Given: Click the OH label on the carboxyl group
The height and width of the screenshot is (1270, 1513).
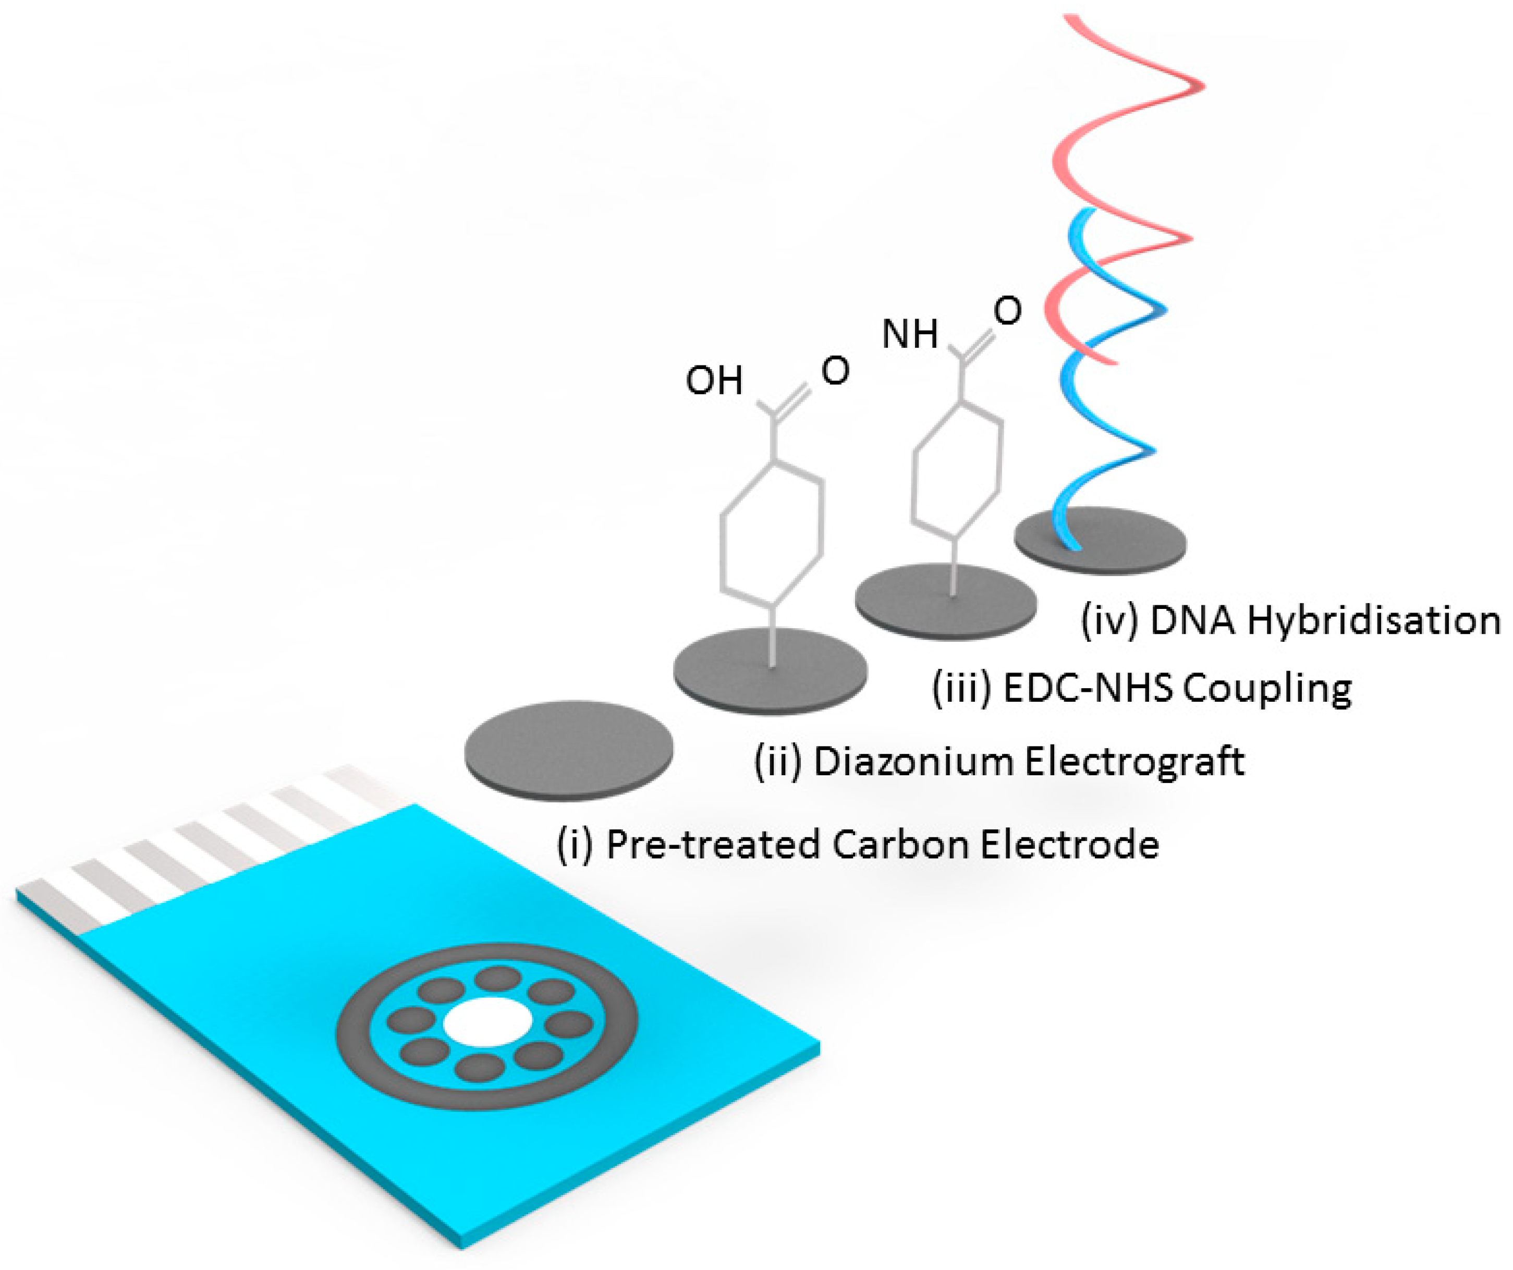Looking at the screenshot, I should point(713,381).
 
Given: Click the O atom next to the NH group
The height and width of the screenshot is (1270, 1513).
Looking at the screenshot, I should point(1007,311).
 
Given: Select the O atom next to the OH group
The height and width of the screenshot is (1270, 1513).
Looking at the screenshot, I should point(835,371).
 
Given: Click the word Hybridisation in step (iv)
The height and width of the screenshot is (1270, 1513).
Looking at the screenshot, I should point(1373,621).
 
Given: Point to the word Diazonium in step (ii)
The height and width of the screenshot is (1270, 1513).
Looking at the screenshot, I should point(913,761).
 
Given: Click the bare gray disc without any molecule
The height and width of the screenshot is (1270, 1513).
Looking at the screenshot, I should point(568,749).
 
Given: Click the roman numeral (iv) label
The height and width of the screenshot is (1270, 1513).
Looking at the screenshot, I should point(1109,621).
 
